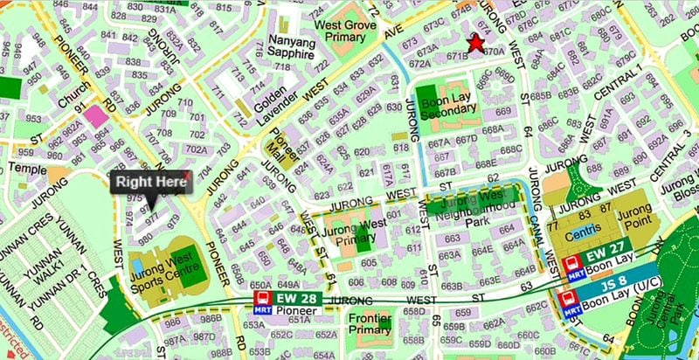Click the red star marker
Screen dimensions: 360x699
[475, 43]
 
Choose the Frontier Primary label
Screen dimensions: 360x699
[370, 324]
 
